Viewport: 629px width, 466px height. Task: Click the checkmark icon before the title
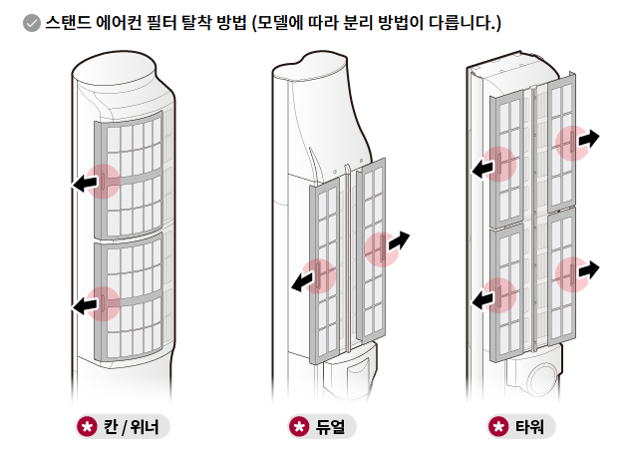coord(31,22)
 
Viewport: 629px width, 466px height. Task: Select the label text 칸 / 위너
coord(136,427)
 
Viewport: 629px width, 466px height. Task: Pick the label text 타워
coord(530,427)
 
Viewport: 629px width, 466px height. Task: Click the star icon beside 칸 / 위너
coord(88,427)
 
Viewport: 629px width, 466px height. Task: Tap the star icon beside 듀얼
coord(298,427)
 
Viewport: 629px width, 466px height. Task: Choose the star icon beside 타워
coord(498,427)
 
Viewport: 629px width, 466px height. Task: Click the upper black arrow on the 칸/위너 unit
coord(86,183)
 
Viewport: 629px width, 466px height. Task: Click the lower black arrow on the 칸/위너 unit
coord(86,305)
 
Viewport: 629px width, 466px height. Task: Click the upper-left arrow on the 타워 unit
coord(485,168)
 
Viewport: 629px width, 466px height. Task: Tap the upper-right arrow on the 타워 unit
coord(587,139)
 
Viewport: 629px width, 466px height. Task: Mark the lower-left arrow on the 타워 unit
coord(485,298)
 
